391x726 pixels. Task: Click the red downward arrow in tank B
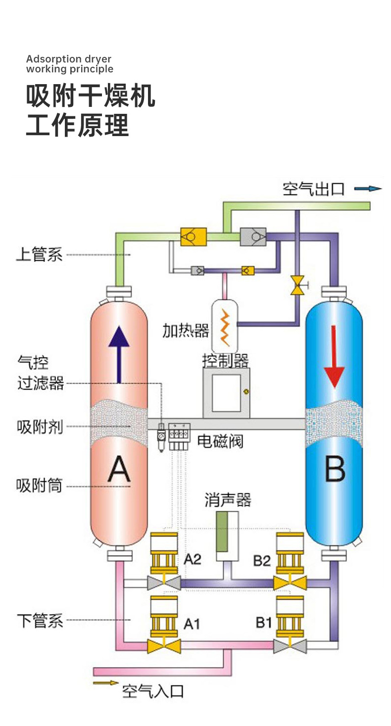pos(334,357)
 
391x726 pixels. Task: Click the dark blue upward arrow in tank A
pos(119,354)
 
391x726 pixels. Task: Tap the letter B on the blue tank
pos(335,469)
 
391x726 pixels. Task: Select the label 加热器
pos(186,331)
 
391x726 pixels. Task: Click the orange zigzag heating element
pos(225,327)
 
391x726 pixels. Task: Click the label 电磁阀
pos(220,441)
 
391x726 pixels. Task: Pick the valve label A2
pos(192,559)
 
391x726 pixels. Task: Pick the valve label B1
pos(264,623)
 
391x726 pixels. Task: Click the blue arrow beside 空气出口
pos(368,189)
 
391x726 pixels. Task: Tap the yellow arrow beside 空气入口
pos(106,683)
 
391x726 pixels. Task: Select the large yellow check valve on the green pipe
pos(193,237)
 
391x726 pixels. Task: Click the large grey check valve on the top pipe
pos(253,237)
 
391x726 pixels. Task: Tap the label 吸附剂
pos(40,427)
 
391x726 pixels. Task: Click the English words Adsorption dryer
pos(69,59)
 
